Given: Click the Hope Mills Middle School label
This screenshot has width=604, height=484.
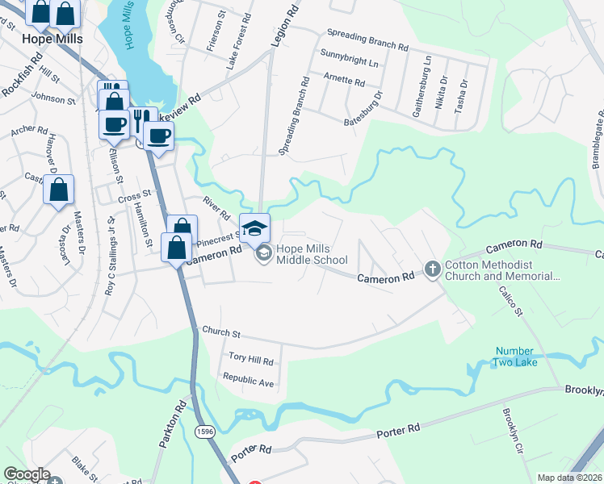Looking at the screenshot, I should (312, 255).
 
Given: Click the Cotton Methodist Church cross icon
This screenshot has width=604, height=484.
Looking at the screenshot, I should (433, 269).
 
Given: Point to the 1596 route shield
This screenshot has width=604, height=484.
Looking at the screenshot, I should (205, 433).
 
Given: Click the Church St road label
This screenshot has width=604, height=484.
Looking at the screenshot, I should (222, 332).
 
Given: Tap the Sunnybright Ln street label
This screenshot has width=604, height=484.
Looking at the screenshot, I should (349, 61).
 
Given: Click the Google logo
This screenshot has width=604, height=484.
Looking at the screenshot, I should (27, 474).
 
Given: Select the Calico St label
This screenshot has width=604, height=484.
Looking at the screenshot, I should (511, 300).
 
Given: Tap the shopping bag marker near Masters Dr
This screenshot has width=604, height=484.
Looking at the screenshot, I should (59, 191).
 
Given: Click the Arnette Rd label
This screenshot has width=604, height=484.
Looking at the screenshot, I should (344, 80).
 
